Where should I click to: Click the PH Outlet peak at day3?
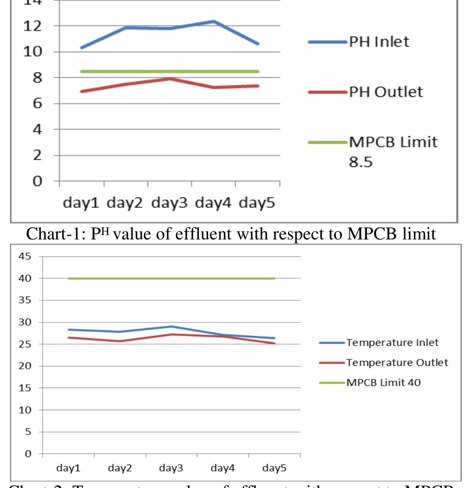170,79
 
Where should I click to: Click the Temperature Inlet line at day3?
172,326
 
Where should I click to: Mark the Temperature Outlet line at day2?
120,341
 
